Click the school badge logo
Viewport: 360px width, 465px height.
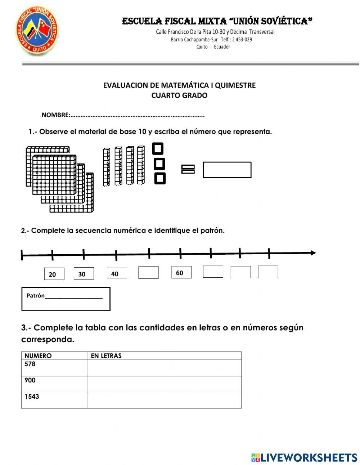coord(37,32)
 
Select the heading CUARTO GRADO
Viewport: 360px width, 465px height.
coord(179,95)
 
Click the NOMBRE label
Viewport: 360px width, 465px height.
coord(55,115)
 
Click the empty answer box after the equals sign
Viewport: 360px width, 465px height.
coord(227,170)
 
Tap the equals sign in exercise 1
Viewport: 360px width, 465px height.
coord(188,169)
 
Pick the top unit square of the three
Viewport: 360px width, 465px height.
coord(158,148)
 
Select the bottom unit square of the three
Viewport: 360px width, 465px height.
coord(159,178)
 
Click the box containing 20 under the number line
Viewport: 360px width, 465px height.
coord(54,274)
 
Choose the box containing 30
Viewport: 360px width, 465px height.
coord(84,274)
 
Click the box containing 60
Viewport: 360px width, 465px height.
coord(181,273)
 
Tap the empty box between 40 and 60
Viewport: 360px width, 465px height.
coord(148,273)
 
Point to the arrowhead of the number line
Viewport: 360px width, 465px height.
coord(313,253)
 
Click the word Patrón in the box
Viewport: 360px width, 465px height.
coord(36,296)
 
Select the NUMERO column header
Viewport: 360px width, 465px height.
coord(38,356)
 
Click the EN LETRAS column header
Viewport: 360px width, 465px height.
coord(106,356)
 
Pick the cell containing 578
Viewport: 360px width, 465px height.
coord(54,368)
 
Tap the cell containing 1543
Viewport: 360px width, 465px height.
coord(54,400)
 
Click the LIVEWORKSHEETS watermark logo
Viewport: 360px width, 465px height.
coord(304,457)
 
